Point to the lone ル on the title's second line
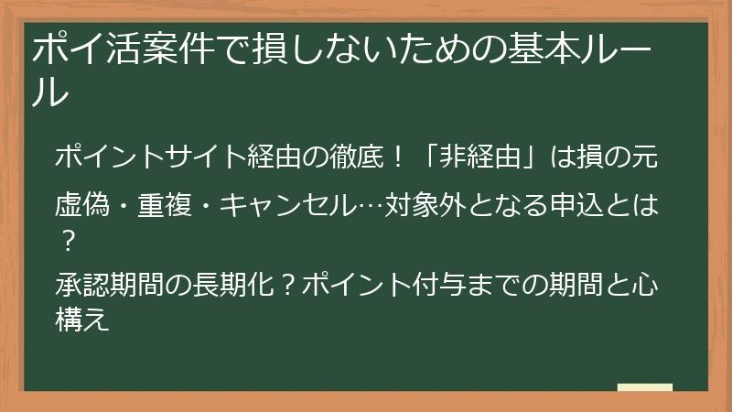tap(50, 92)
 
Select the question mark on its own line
tap(66, 241)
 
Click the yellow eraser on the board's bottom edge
tap(644, 388)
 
